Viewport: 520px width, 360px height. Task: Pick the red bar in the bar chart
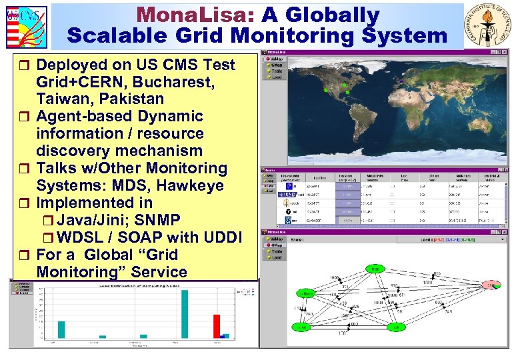216,326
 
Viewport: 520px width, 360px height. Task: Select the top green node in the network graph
375,269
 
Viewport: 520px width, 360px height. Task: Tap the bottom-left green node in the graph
301,327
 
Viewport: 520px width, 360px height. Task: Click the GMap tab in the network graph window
276,244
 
